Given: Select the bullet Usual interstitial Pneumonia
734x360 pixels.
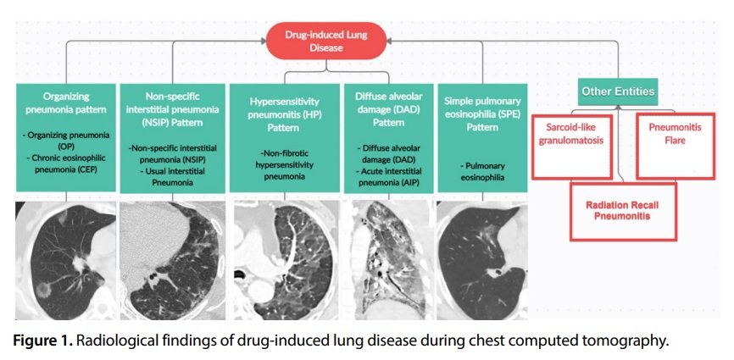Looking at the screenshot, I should click(x=170, y=175).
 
